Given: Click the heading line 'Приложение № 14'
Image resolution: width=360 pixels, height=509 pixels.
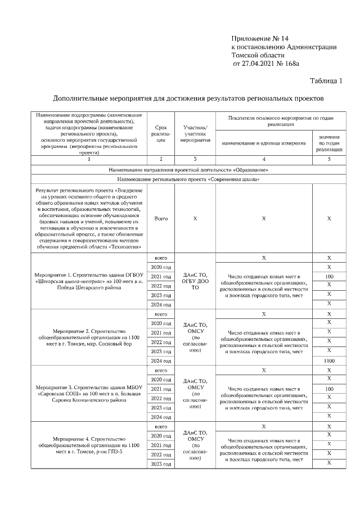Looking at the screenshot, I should pos(260,38).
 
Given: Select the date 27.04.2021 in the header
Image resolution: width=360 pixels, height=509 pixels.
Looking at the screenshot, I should pos(256,65).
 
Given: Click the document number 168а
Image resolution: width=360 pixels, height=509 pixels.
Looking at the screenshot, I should pos(291,65).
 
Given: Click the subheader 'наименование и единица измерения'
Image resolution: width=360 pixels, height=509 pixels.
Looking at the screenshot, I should pos(263,143).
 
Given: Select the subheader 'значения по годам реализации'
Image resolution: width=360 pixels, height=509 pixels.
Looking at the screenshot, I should pos(329,143).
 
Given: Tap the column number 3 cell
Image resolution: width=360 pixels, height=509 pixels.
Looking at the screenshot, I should pos(195,160).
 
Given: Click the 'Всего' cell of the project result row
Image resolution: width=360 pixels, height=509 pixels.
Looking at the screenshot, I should pos(161,218).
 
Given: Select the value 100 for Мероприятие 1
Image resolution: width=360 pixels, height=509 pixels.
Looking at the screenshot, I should pos(329,276).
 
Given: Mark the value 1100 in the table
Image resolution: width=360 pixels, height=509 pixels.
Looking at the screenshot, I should pos(329,361).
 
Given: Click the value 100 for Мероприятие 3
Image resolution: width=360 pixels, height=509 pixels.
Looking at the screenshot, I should pos(329,389).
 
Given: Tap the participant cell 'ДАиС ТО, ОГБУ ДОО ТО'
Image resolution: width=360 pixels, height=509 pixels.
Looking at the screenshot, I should pos(195,281).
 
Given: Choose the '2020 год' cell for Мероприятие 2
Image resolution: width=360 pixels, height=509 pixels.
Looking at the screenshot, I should pos(161,323).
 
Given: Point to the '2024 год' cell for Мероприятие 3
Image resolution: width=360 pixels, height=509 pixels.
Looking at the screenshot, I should pos(161,417).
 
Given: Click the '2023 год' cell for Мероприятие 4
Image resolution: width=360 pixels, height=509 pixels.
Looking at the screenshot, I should pos(161,463).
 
